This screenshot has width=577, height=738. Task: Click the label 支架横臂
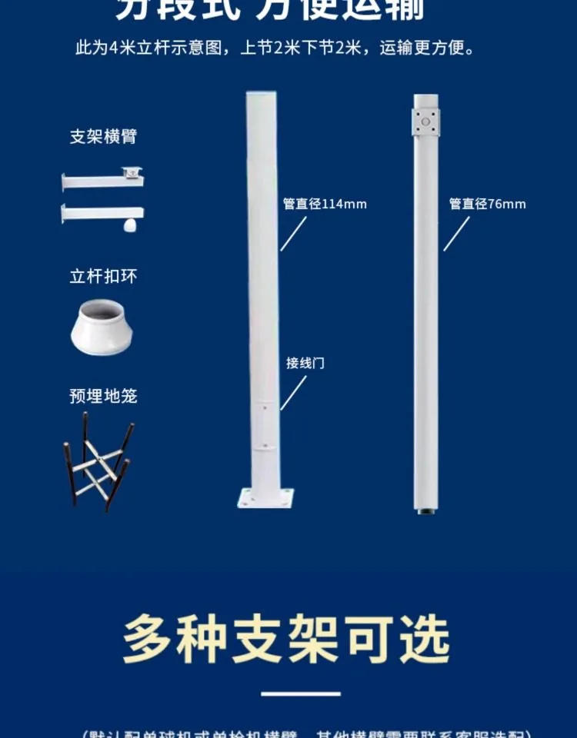pos(103,137)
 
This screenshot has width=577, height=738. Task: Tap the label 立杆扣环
pos(103,277)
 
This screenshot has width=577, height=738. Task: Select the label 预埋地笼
pos(103,396)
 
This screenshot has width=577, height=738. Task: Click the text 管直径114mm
pos(325,204)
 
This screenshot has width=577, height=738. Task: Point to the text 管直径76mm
pos(488,204)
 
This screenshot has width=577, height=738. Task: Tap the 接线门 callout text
pos(305,363)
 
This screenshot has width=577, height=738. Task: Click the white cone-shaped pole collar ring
pos(102,327)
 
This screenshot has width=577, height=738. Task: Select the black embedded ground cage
pos(98,461)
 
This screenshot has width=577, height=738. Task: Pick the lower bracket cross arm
pos(102,213)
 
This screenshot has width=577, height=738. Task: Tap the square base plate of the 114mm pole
pos(265,497)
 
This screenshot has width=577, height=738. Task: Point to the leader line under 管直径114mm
pos(293,234)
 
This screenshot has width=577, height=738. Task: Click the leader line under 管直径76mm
pos(456,234)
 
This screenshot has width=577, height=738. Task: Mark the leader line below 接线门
pos(292,393)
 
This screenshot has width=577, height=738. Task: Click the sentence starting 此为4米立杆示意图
pos(275,48)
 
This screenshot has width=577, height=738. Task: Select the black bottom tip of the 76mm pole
pos(425,509)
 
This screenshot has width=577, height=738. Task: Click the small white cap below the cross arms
pos(130,226)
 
